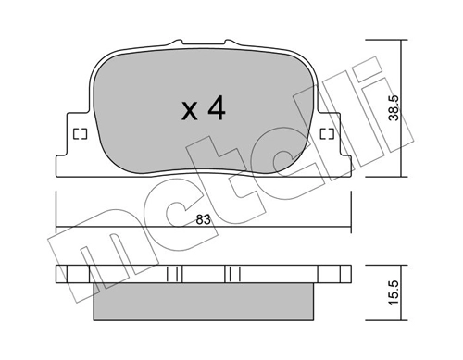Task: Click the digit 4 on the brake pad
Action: click(x=217, y=110)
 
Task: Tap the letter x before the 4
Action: click(x=190, y=113)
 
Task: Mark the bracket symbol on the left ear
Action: click(x=79, y=133)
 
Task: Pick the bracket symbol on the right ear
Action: click(x=327, y=133)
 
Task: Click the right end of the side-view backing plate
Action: click(x=344, y=275)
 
